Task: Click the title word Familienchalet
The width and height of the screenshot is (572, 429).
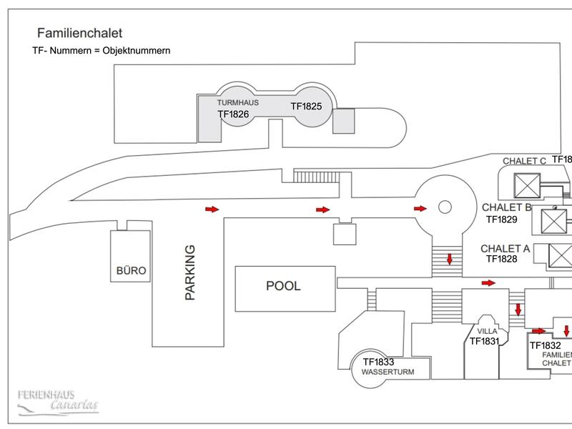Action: [x=79, y=33]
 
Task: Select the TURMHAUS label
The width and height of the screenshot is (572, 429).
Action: [x=238, y=103]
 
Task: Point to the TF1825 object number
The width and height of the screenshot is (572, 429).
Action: [x=307, y=106]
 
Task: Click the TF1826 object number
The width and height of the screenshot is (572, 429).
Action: [x=235, y=114]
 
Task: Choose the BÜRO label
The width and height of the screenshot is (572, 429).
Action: [x=131, y=271]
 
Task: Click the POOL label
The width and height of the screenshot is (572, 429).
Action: [x=284, y=286]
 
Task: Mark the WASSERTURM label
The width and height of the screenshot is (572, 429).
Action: [x=388, y=373]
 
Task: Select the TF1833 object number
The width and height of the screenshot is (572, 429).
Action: [x=379, y=362]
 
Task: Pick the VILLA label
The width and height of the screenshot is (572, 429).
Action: [x=486, y=331]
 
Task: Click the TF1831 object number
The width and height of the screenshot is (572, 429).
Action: [x=484, y=342]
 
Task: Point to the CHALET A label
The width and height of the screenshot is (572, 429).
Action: [x=506, y=249]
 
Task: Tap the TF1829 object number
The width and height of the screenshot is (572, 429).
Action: [x=502, y=220]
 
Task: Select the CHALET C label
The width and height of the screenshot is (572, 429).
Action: [x=524, y=161]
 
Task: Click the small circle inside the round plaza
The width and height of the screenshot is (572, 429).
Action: [x=443, y=207]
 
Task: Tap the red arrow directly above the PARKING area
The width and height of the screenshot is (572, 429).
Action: [x=212, y=209]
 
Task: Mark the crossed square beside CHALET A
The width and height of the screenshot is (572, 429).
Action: [x=561, y=255]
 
